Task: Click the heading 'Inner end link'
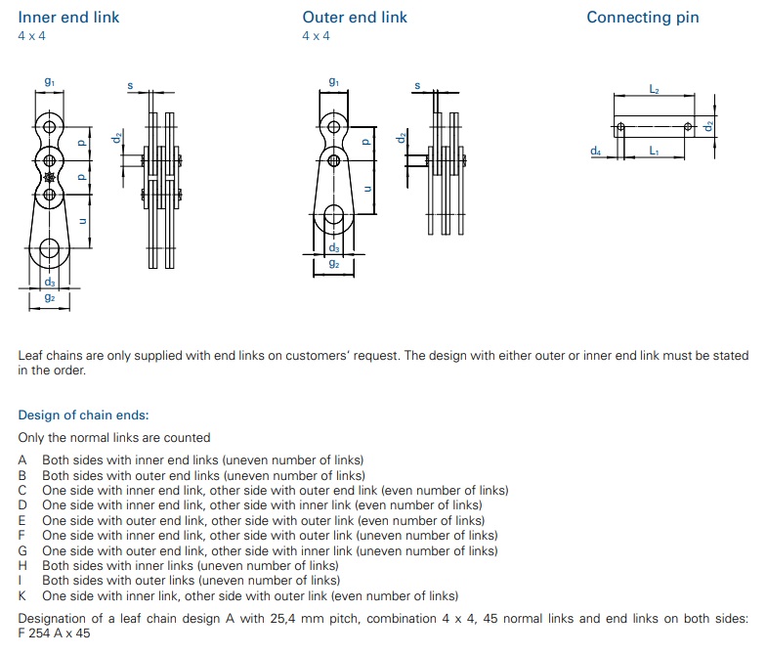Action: click(68, 18)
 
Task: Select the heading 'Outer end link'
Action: click(355, 18)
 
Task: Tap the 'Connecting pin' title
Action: click(643, 18)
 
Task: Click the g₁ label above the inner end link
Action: click(50, 82)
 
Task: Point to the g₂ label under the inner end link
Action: click(50, 297)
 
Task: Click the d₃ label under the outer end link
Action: click(334, 247)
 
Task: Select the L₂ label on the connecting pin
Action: click(654, 89)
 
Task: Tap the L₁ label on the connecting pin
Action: click(654, 151)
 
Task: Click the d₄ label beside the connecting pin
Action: click(595, 151)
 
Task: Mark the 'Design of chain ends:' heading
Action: click(83, 415)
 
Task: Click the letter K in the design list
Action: click(22, 595)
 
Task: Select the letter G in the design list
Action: click(22, 550)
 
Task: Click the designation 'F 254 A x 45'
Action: click(55, 633)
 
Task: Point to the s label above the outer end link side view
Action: click(417, 86)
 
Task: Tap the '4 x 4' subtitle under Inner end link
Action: click(32, 36)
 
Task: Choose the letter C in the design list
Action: click(22, 490)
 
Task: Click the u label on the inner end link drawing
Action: click(82, 221)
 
